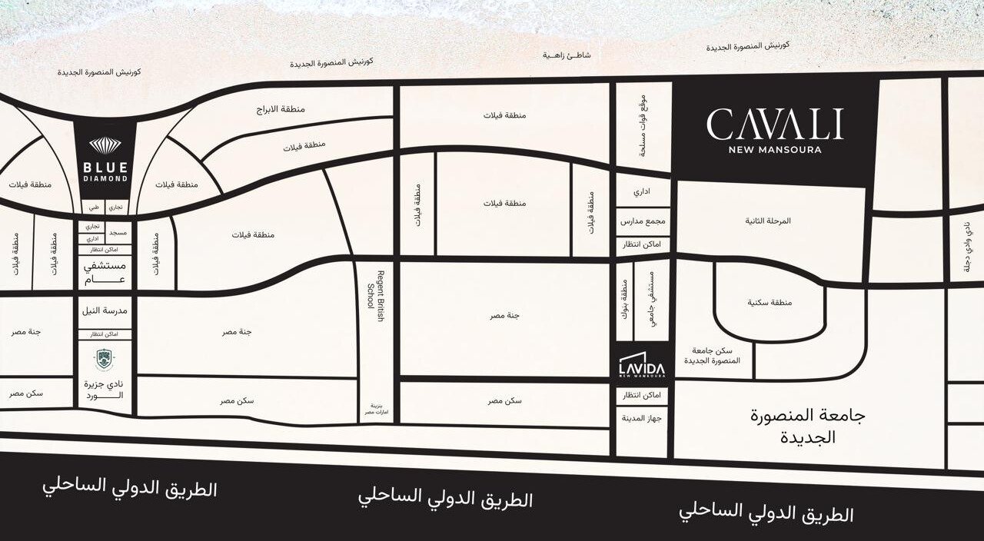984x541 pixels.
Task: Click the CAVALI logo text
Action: (x=774, y=124)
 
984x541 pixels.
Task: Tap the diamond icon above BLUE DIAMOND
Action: (x=105, y=146)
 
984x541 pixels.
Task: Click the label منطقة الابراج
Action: (x=281, y=110)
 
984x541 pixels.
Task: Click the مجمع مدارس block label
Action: (x=643, y=221)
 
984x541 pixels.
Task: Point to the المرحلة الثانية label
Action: (x=767, y=221)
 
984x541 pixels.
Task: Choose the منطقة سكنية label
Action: (x=770, y=303)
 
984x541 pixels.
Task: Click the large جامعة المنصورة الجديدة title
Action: (x=807, y=426)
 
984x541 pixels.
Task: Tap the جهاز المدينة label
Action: (x=643, y=420)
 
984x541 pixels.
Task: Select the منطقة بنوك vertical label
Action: (x=624, y=301)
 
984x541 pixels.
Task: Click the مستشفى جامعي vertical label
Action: (x=651, y=301)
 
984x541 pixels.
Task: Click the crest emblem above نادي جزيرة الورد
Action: (x=104, y=359)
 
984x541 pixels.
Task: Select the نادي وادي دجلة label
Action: (x=966, y=247)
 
